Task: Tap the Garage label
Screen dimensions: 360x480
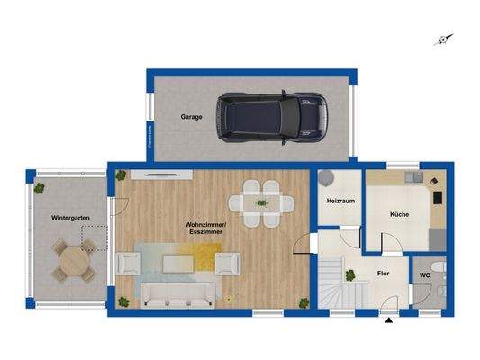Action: pyautogui.click(x=191, y=117)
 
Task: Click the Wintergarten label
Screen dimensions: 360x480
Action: pyautogui.click(x=69, y=218)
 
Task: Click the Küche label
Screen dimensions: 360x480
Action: pyautogui.click(x=400, y=215)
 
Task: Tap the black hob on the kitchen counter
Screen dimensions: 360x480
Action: pyautogui.click(x=439, y=196)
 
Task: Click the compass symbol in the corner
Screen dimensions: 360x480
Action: pyautogui.click(x=442, y=39)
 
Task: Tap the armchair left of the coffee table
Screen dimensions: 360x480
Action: pyautogui.click(x=130, y=263)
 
